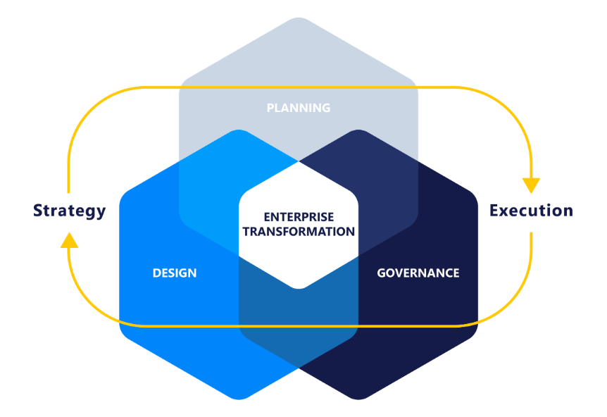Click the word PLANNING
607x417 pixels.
pyautogui.click(x=299, y=108)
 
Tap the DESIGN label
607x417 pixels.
pyautogui.click(x=175, y=273)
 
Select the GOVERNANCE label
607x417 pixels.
pyautogui.click(x=418, y=273)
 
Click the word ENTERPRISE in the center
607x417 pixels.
pyautogui.click(x=299, y=217)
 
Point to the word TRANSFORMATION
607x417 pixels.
pyautogui.click(x=299, y=231)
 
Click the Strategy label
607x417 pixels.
pyautogui.click(x=70, y=210)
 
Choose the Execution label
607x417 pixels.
pyautogui.click(x=531, y=210)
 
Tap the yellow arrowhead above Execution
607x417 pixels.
pyautogui.click(x=531, y=185)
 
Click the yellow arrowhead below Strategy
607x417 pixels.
pyautogui.click(x=69, y=241)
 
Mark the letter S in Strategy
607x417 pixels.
pyautogui.click(x=38, y=210)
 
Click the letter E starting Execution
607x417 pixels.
pyautogui.click(x=494, y=210)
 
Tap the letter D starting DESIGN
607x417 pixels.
pyautogui.click(x=156, y=273)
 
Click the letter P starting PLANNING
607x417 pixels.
pyautogui.click(x=270, y=108)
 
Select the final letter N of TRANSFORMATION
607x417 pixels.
pyautogui.click(x=351, y=231)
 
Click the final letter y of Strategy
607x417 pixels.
pyautogui.click(x=101, y=211)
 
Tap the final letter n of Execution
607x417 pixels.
pyautogui.click(x=568, y=210)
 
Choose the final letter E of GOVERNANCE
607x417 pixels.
pyautogui.click(x=456, y=273)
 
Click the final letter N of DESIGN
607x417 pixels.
pyautogui.click(x=193, y=273)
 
